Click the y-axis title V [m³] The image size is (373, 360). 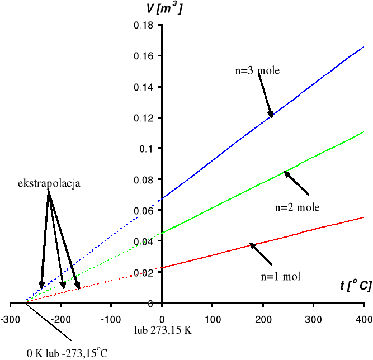pyautogui.click(x=163, y=9)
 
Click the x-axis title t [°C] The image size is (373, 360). pyautogui.click(x=355, y=286)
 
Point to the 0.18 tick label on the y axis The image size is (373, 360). pyautogui.click(x=147, y=25)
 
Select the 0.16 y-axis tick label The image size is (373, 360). pyautogui.click(x=147, y=56)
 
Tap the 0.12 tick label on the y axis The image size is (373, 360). pyautogui.click(x=147, y=118)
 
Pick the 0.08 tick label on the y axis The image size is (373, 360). pyautogui.click(x=147, y=179)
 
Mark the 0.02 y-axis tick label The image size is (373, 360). pyautogui.click(x=147, y=272)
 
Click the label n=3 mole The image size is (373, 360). pyautogui.click(x=257, y=71)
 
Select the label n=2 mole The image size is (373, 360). pyautogui.click(x=297, y=207)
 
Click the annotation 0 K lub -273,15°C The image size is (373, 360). pyautogui.click(x=67, y=353)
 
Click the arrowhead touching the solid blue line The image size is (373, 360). pyautogui.click(x=271, y=114)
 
